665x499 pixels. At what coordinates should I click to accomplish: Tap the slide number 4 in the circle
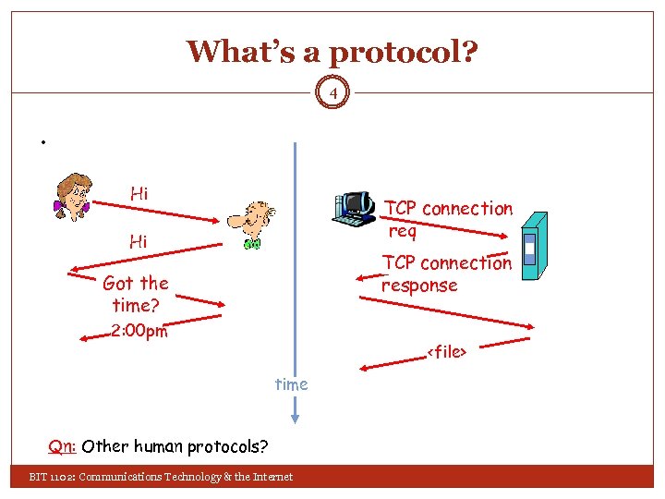pyautogui.click(x=333, y=92)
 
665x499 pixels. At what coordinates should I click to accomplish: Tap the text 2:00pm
pyautogui.click(x=139, y=331)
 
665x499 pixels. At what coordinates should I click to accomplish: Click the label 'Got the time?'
pyautogui.click(x=136, y=294)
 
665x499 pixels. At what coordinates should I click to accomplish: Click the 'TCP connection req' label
pyautogui.click(x=448, y=219)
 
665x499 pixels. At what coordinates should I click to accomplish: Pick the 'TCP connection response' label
pyautogui.click(x=446, y=274)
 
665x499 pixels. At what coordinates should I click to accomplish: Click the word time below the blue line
pyautogui.click(x=291, y=383)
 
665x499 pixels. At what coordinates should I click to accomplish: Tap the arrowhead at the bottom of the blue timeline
pyautogui.click(x=294, y=418)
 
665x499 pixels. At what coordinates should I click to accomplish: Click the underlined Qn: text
pyautogui.click(x=62, y=447)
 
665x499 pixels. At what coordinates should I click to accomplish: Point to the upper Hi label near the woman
pyautogui.click(x=139, y=193)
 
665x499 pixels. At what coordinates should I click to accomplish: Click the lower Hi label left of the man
pyautogui.click(x=139, y=242)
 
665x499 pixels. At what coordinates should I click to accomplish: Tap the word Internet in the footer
pyautogui.click(x=270, y=477)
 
